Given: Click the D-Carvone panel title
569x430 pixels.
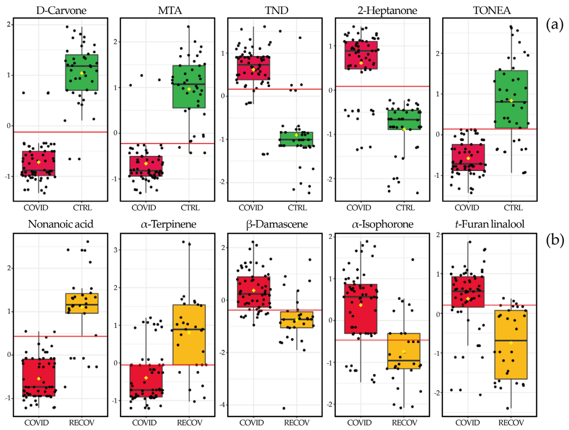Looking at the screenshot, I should point(61,10).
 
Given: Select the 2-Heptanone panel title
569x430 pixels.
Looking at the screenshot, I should point(387,10).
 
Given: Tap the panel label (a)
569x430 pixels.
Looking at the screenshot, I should point(554,25).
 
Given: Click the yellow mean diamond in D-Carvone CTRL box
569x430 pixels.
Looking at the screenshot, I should point(82,73).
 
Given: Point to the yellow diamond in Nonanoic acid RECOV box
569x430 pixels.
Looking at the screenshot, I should point(82,307).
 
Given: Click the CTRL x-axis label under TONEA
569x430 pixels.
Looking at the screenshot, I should point(513,208).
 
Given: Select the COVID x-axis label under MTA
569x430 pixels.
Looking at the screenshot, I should point(144,208).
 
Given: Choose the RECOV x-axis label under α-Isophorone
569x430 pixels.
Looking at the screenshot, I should point(404,423).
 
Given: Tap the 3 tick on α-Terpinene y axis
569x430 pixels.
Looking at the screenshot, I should point(116,250).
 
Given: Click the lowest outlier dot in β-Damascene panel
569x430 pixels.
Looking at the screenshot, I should point(284,408).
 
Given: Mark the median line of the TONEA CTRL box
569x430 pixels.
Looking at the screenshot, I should point(511,102).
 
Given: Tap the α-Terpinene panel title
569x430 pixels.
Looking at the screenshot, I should point(169,224).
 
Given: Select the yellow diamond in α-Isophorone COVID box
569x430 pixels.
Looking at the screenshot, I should point(361,305).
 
